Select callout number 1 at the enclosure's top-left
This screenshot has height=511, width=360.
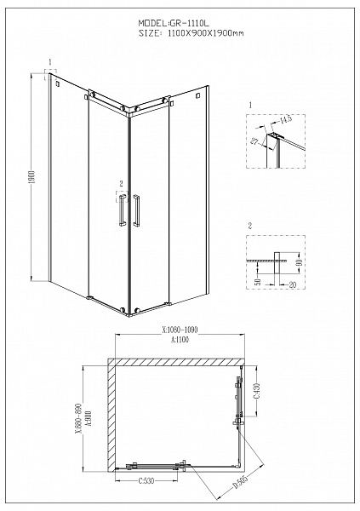click(x=51, y=62)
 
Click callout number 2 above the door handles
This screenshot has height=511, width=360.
click(x=122, y=183)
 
